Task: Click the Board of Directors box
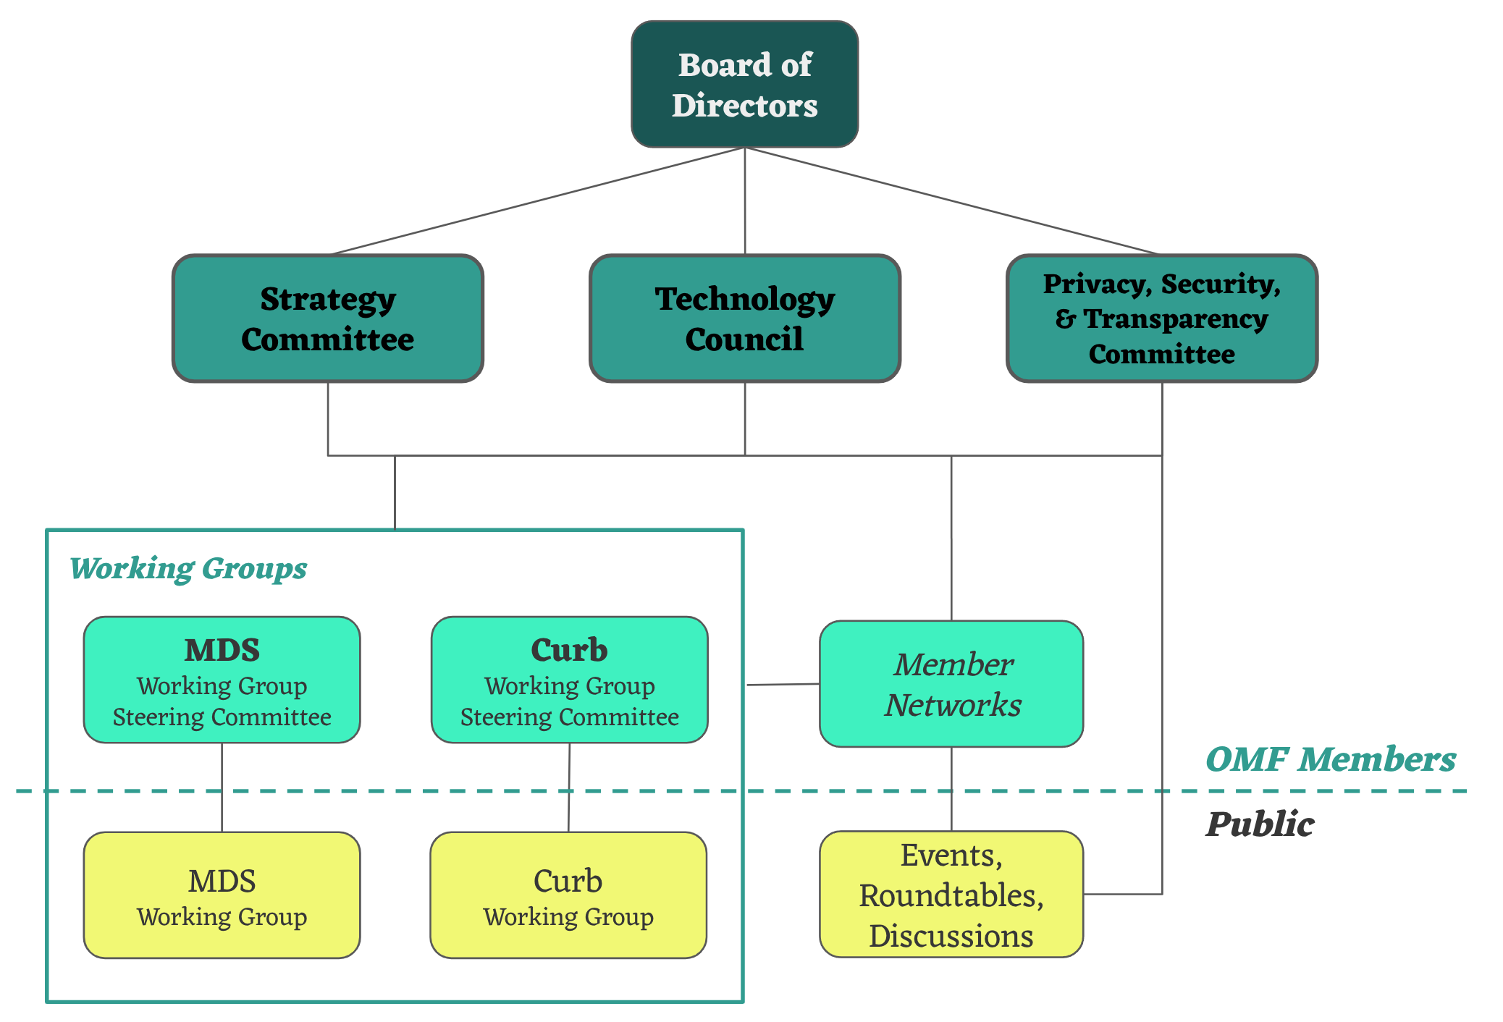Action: [x=744, y=85]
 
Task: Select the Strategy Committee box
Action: [x=327, y=318]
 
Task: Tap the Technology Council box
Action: [x=744, y=318]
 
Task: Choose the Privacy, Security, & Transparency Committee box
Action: [x=1161, y=318]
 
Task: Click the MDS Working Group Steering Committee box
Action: [x=222, y=680]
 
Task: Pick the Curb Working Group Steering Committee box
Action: [x=569, y=680]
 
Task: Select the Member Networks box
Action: [x=951, y=684]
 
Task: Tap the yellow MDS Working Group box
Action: [x=222, y=895]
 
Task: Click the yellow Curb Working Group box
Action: [x=568, y=895]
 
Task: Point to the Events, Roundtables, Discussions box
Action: [x=951, y=895]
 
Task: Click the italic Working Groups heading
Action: [x=188, y=569]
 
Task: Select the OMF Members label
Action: [x=1331, y=760]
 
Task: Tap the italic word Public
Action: [x=1260, y=824]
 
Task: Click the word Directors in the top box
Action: [x=744, y=106]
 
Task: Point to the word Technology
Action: [x=744, y=299]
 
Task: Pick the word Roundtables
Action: [x=951, y=896]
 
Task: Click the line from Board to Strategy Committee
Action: [x=536, y=201]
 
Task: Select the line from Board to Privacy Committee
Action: [x=952, y=201]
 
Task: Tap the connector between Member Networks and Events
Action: [x=951, y=789]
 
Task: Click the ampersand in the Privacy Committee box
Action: [x=1065, y=319]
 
